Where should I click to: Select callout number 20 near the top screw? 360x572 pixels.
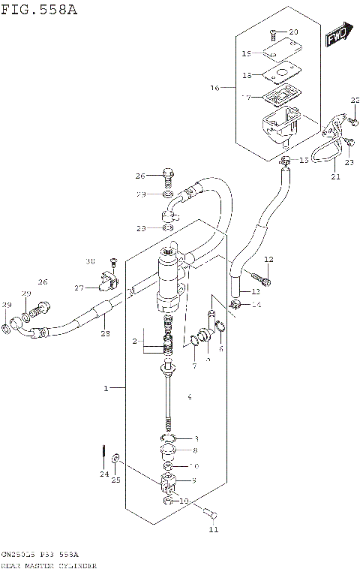(x=293, y=32)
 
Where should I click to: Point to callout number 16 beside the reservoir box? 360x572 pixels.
(x=215, y=88)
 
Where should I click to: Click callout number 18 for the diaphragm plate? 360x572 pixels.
(x=247, y=75)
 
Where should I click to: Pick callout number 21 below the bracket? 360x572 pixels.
(x=334, y=177)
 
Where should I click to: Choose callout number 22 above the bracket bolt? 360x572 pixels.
(x=355, y=101)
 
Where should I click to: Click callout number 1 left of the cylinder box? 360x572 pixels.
(x=106, y=388)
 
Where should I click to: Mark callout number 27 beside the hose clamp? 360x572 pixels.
(x=79, y=288)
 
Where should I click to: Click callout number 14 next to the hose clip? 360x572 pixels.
(x=256, y=305)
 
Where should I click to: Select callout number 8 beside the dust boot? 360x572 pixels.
(x=194, y=450)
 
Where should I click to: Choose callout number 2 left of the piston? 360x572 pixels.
(x=136, y=342)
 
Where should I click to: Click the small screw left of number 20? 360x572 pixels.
(x=273, y=33)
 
